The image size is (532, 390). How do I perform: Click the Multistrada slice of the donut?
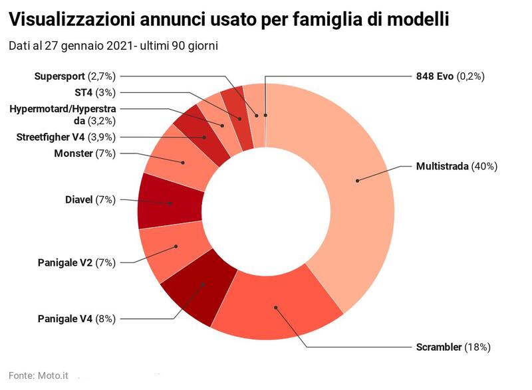(x=359, y=179)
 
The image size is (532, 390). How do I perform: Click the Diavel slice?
(x=170, y=203)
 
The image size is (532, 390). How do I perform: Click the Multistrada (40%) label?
(x=456, y=166)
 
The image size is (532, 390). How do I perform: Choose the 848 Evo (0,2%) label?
(x=450, y=76)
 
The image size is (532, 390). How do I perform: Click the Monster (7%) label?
(x=84, y=154)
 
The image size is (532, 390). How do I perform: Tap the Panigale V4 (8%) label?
(x=76, y=318)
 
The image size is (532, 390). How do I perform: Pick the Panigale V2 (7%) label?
(x=76, y=262)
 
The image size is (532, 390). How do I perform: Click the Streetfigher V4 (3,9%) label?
(x=66, y=137)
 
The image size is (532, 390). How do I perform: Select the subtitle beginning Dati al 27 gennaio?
(x=114, y=46)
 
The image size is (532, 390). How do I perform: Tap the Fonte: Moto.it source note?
(x=39, y=375)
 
